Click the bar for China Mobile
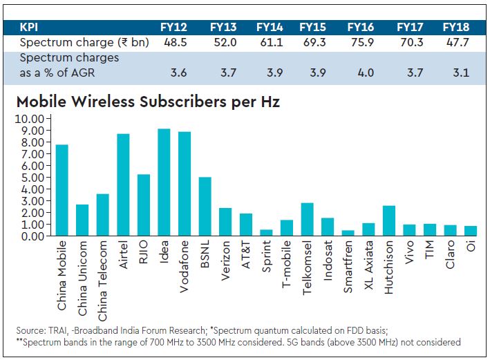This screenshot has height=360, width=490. pos(62,190)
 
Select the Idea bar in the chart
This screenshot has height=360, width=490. pos(164,182)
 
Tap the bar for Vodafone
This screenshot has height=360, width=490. pos(185,184)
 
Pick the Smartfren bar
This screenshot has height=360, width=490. pos(348,233)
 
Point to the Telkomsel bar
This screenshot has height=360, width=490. pos(308,219)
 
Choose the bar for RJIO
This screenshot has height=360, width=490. pos(144,205)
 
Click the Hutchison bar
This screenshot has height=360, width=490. pos(389,220)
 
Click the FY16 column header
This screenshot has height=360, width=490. pos(361,28)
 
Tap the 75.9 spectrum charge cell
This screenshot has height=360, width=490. pos(361,42)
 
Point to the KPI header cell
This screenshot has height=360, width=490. pos(29,28)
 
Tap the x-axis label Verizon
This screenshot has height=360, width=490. pos(226,259)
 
